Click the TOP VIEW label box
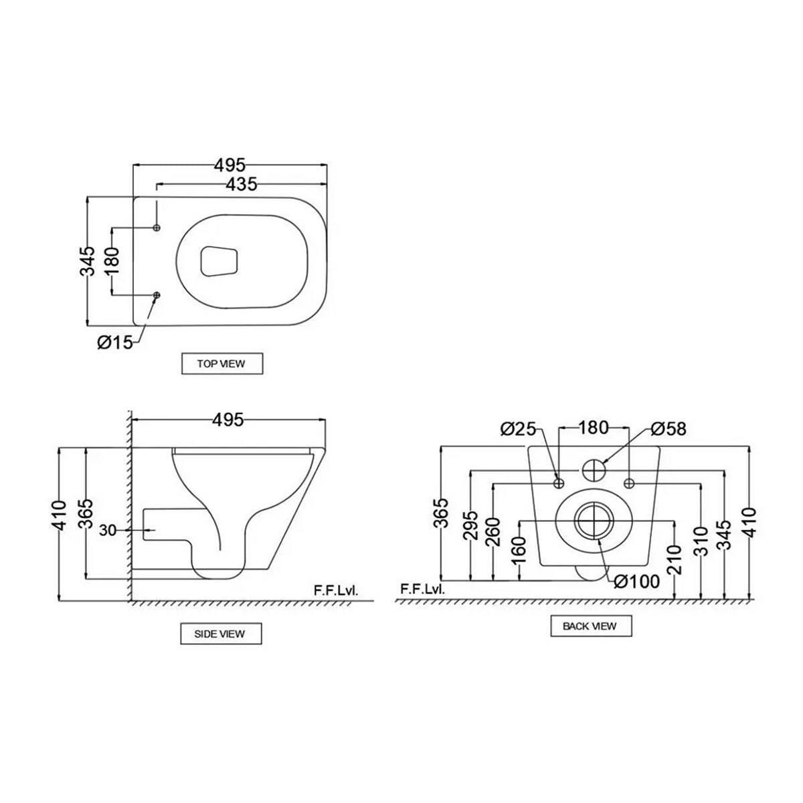tap(221, 364)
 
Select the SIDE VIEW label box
tap(220, 634)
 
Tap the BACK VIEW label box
tap(590, 626)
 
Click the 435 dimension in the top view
tap(241, 185)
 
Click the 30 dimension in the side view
tap(108, 531)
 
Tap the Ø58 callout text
tap(668, 429)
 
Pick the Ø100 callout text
tap(637, 582)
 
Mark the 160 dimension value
tap(519, 551)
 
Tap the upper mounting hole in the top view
tap(157, 228)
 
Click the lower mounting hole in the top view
tap(157, 295)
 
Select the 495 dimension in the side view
tap(228, 420)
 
